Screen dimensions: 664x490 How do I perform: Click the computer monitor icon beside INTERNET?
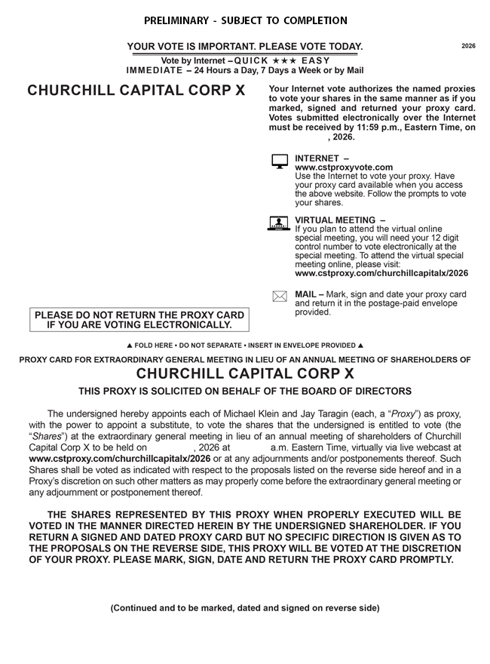(280, 161)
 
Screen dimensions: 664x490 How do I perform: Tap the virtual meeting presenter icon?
(280, 223)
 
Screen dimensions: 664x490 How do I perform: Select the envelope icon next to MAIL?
(280, 297)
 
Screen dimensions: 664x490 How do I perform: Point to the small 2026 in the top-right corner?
(468, 46)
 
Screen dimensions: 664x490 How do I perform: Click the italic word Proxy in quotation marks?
(406, 414)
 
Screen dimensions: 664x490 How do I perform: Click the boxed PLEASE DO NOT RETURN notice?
(139, 320)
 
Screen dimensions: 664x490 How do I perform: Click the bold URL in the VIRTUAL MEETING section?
(381, 273)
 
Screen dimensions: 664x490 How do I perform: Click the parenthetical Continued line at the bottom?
(245, 607)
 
